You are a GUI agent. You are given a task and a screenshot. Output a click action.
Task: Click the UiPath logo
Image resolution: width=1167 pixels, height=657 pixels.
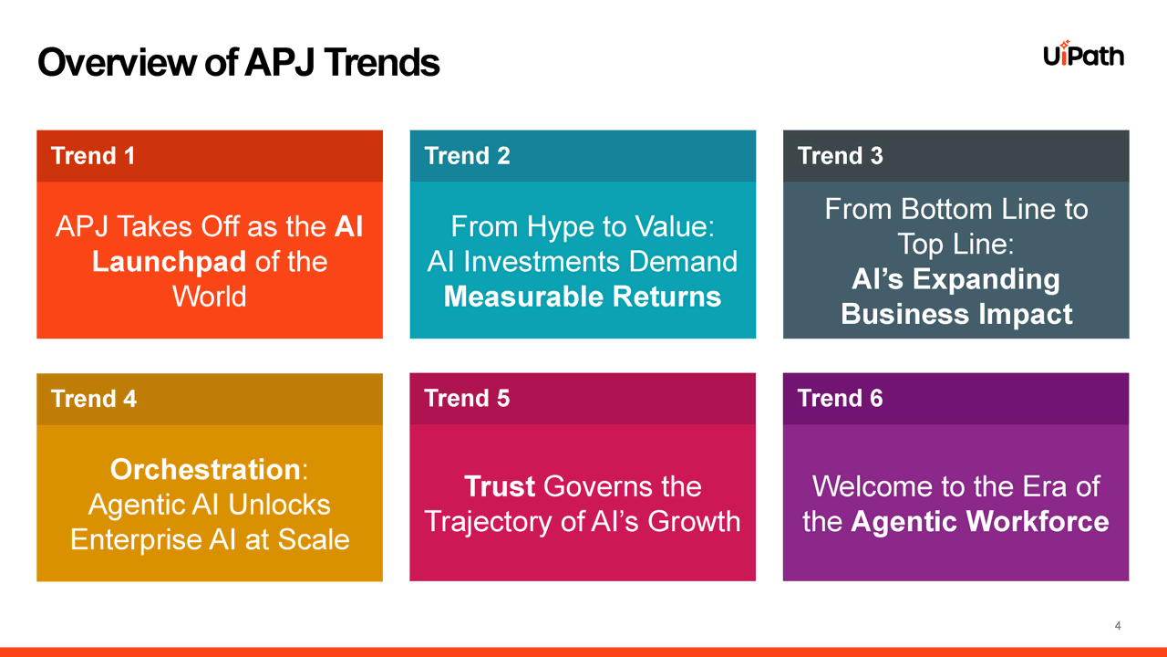tap(1084, 54)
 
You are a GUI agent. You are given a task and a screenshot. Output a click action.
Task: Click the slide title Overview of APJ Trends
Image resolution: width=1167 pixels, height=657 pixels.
tap(239, 63)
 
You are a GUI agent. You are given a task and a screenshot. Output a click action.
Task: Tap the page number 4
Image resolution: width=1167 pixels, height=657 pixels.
tap(1118, 626)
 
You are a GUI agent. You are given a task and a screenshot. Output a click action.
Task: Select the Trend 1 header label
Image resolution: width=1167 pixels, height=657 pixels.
tap(93, 156)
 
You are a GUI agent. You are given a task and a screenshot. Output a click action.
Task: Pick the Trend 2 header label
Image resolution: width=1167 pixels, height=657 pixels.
tap(467, 156)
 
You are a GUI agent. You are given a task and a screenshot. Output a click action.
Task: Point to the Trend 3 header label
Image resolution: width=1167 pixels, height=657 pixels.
tap(840, 156)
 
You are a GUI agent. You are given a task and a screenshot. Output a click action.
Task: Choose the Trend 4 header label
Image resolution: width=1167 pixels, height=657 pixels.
tap(94, 399)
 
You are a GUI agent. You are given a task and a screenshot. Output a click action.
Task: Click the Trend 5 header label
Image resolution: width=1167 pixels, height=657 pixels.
tap(467, 399)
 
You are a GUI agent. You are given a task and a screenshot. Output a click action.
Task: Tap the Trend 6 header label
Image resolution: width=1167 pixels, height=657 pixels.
tap(840, 399)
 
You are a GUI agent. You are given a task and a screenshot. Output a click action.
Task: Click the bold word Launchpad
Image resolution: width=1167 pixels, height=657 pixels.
tap(169, 262)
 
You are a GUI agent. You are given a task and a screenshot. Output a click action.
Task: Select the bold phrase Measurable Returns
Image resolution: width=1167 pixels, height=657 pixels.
tap(583, 297)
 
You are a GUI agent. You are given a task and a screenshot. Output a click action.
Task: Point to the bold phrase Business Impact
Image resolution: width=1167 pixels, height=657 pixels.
tap(956, 314)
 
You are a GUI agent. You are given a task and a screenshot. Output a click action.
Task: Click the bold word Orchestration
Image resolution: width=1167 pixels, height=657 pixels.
tap(205, 469)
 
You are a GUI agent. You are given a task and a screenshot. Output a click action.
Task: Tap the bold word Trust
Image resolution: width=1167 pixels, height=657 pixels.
tap(499, 486)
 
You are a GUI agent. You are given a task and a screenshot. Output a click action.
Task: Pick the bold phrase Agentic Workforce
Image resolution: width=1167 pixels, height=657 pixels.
tap(979, 521)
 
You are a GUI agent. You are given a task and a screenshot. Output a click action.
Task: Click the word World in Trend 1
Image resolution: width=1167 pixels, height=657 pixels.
tap(210, 297)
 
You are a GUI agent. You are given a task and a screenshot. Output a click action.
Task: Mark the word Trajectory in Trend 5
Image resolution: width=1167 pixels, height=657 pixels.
tap(488, 522)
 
